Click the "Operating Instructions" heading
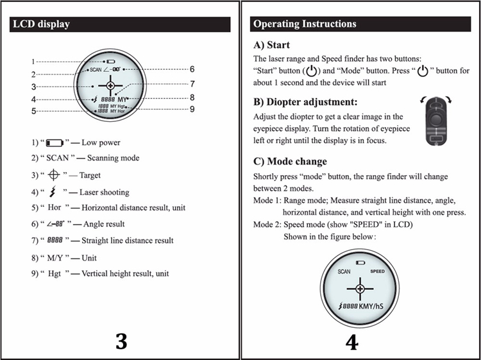click(305, 24)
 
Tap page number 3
click(121, 341)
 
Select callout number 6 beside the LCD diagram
click(192, 69)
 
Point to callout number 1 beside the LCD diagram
click(33, 62)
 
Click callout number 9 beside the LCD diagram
click(192, 109)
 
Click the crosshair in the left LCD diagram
click(110, 85)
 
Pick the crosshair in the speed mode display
click(360, 289)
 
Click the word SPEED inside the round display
click(377, 271)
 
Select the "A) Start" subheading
click(271, 45)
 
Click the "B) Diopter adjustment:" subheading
click(305, 102)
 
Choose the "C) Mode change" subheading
click(290, 161)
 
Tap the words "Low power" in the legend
click(102, 142)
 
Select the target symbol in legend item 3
click(55, 175)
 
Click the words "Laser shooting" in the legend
click(104, 192)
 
